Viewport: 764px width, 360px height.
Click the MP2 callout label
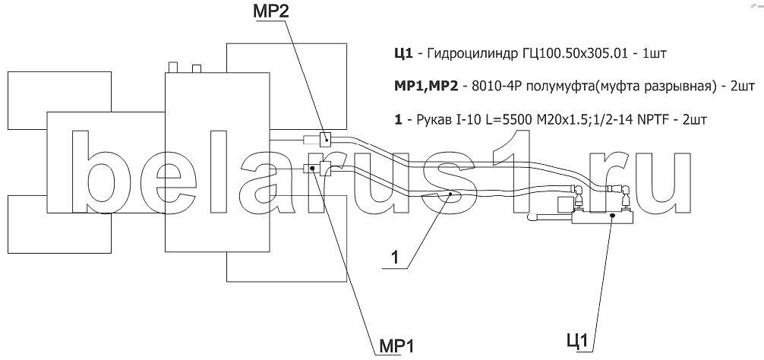pyautogui.click(x=270, y=11)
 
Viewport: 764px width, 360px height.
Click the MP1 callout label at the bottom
pyautogui.click(x=395, y=347)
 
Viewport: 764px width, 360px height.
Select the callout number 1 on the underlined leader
pyautogui.click(x=395, y=257)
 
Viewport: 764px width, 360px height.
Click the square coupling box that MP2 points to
pyautogui.click(x=325, y=139)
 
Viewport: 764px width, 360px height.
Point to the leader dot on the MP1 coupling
pyautogui.click(x=314, y=169)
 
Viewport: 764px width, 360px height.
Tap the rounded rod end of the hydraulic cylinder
pyautogui.click(x=532, y=217)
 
